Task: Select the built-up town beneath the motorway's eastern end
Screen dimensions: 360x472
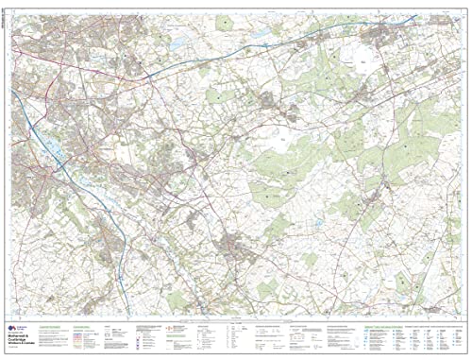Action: [382, 38]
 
